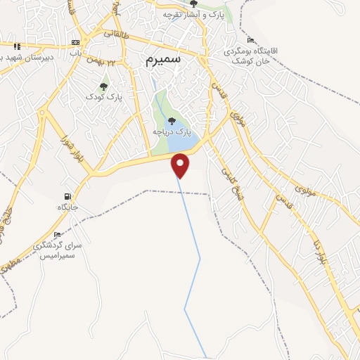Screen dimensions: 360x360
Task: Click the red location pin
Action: (181, 165)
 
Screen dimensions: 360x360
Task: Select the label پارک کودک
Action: (104, 97)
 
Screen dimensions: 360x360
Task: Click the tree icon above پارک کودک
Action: (104, 86)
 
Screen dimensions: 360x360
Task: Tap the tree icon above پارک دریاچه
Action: (172, 121)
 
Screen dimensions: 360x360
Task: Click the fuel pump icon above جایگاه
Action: (67, 197)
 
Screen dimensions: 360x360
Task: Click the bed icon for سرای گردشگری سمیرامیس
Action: (57, 235)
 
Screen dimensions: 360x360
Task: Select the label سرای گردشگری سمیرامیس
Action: (58, 250)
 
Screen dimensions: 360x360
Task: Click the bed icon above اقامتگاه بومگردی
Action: (251, 40)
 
